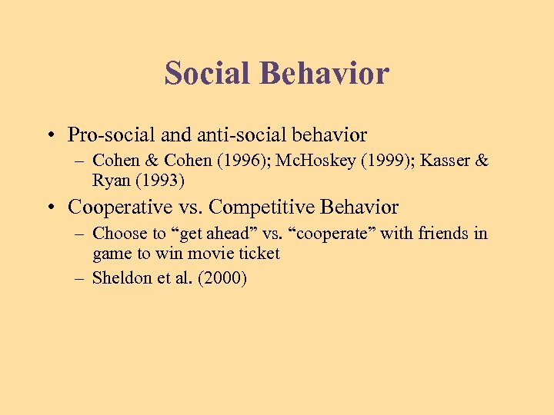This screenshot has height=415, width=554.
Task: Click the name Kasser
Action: click(x=437, y=161)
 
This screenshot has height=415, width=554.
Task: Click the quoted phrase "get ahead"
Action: click(x=207, y=234)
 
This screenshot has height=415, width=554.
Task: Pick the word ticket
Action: click(x=256, y=254)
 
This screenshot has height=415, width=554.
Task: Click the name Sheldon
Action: click(x=120, y=278)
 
